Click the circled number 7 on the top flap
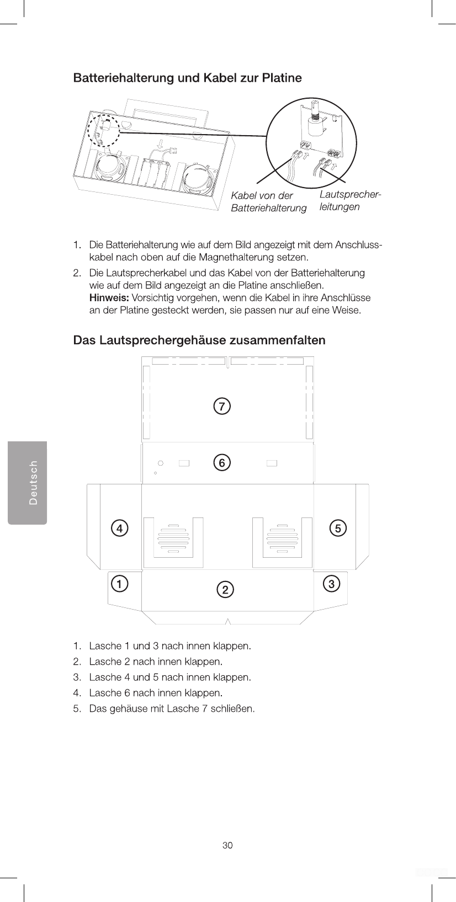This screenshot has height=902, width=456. pyautogui.click(x=222, y=407)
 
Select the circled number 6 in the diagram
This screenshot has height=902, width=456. pyautogui.click(x=222, y=462)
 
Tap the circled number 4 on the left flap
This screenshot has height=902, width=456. pyautogui.click(x=119, y=528)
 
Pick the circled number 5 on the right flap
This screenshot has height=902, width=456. pyautogui.click(x=338, y=528)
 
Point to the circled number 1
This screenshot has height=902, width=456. pyautogui.click(x=119, y=583)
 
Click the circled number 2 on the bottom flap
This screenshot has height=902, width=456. pyautogui.click(x=225, y=590)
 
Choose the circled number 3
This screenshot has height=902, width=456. pyautogui.click(x=331, y=583)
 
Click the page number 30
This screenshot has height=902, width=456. pyautogui.click(x=227, y=845)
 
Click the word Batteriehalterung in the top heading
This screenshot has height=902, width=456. pyautogui.click(x=123, y=78)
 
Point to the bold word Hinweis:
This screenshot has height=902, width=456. pyautogui.click(x=109, y=298)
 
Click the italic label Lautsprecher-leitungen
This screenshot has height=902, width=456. pyautogui.click(x=350, y=201)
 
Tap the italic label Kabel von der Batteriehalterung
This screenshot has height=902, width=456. pyautogui.click(x=268, y=202)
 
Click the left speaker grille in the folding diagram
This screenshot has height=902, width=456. pyautogui.click(x=173, y=538)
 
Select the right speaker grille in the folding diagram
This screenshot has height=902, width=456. pyautogui.click(x=282, y=538)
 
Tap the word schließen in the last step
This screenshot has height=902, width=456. pyautogui.click(x=234, y=708)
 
